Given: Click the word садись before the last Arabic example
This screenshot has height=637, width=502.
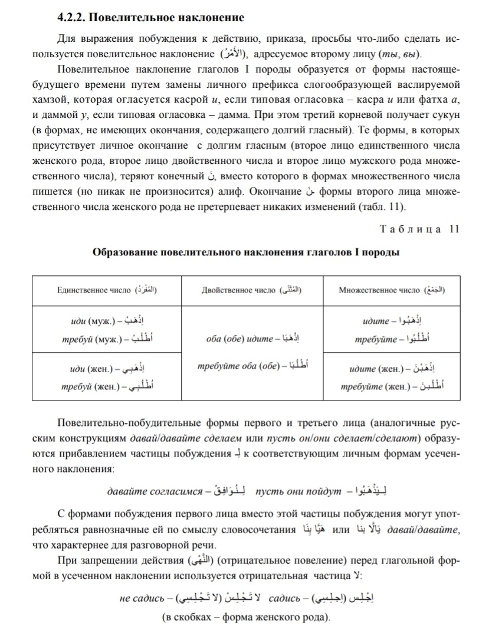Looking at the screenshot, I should (286, 599).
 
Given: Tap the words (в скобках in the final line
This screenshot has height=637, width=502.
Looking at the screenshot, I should (186, 618).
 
